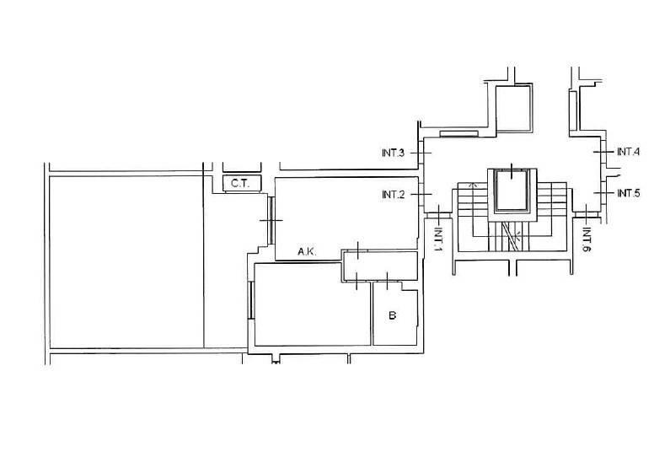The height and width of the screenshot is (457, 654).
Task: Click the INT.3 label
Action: pos(393,153)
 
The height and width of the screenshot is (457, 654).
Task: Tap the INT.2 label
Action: pos(394,195)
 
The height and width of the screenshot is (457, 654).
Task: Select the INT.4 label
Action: pos(628,152)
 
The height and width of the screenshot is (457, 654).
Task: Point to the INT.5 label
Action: pos(628,193)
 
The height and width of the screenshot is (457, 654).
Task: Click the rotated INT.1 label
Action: pos(437,239)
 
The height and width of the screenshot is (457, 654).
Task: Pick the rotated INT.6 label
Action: pos(587,239)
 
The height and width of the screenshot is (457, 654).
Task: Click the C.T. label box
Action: pos(242,183)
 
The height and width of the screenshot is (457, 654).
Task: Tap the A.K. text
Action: pos(307,251)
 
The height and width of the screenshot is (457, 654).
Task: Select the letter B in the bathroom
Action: pos(392,315)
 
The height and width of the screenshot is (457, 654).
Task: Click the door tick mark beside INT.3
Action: pos(421,153)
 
